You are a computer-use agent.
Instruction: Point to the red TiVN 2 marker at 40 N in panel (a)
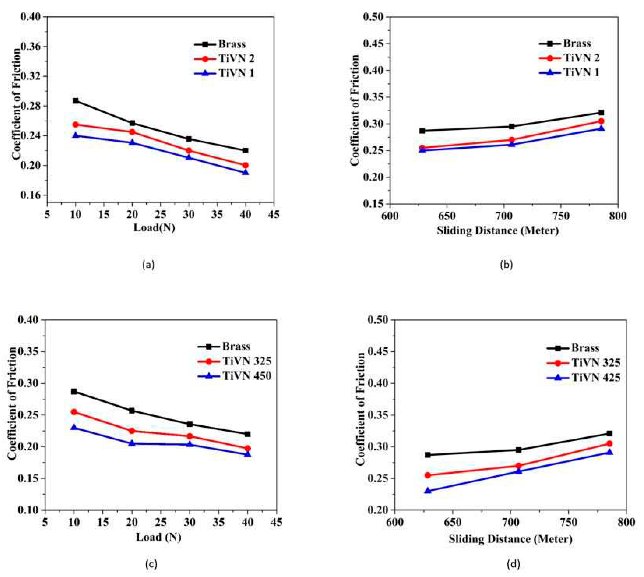click(x=245, y=165)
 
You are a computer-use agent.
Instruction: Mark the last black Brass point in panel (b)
click(x=601, y=112)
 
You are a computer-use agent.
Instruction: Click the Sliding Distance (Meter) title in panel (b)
click(x=498, y=230)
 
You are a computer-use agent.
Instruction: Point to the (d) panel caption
click(x=513, y=563)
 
